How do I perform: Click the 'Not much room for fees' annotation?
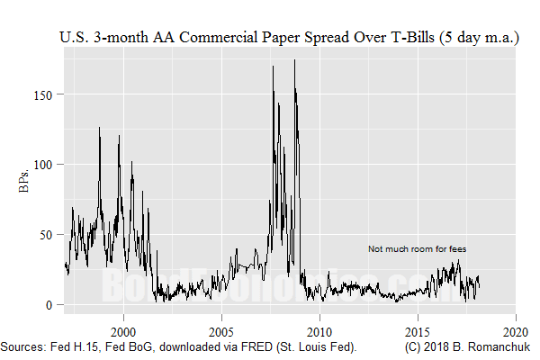tap(417, 248)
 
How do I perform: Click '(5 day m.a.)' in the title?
tap(481, 39)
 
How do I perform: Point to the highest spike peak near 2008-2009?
tap(294, 60)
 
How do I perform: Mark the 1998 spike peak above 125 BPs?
tap(99, 128)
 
